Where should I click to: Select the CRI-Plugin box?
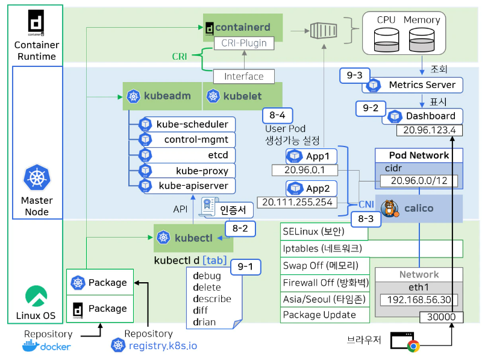pos(244,43)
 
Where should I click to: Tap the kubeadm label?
pos(162,96)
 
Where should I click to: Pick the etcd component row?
pos(187,155)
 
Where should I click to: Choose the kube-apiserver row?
pos(187,185)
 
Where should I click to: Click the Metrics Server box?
pos(413,85)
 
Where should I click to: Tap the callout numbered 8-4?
pos(278,115)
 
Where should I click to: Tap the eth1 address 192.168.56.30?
pos(418,300)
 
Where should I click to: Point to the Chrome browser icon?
pos(413,346)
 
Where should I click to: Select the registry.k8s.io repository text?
pos(163,346)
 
